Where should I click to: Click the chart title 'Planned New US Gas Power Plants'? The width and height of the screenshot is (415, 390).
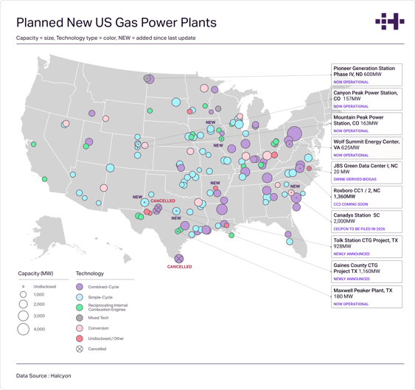[x=116, y=22]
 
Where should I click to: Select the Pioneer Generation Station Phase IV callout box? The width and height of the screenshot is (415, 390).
[x=366, y=74]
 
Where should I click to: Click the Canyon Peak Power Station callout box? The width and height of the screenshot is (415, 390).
[x=366, y=99]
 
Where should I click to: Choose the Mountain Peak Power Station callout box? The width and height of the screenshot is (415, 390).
[x=366, y=123]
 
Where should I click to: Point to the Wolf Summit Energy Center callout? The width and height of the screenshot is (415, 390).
[x=366, y=147]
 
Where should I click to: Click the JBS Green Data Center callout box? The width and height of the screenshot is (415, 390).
[x=366, y=172]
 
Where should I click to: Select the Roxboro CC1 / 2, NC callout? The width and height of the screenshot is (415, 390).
[x=366, y=197]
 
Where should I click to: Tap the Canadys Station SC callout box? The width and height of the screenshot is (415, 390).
[x=366, y=221]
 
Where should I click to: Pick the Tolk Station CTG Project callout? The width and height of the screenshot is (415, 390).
[x=366, y=246]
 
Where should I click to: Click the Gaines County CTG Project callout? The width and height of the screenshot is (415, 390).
[x=366, y=271]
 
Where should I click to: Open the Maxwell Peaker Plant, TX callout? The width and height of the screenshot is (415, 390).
[x=366, y=296]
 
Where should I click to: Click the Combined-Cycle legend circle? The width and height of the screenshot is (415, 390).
[x=80, y=287]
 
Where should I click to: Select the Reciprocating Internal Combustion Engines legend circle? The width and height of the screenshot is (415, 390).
[x=80, y=307]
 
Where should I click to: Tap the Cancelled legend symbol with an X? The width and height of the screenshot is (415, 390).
[x=80, y=349]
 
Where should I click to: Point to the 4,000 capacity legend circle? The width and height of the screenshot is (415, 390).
[x=24, y=329]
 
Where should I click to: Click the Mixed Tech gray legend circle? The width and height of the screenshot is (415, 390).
[x=80, y=318]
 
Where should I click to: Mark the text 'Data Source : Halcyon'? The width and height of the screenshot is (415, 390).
[x=43, y=375]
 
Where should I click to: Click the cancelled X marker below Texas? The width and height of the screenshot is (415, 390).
[x=178, y=259]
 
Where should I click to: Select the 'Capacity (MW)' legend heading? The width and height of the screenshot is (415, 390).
[x=35, y=273]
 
